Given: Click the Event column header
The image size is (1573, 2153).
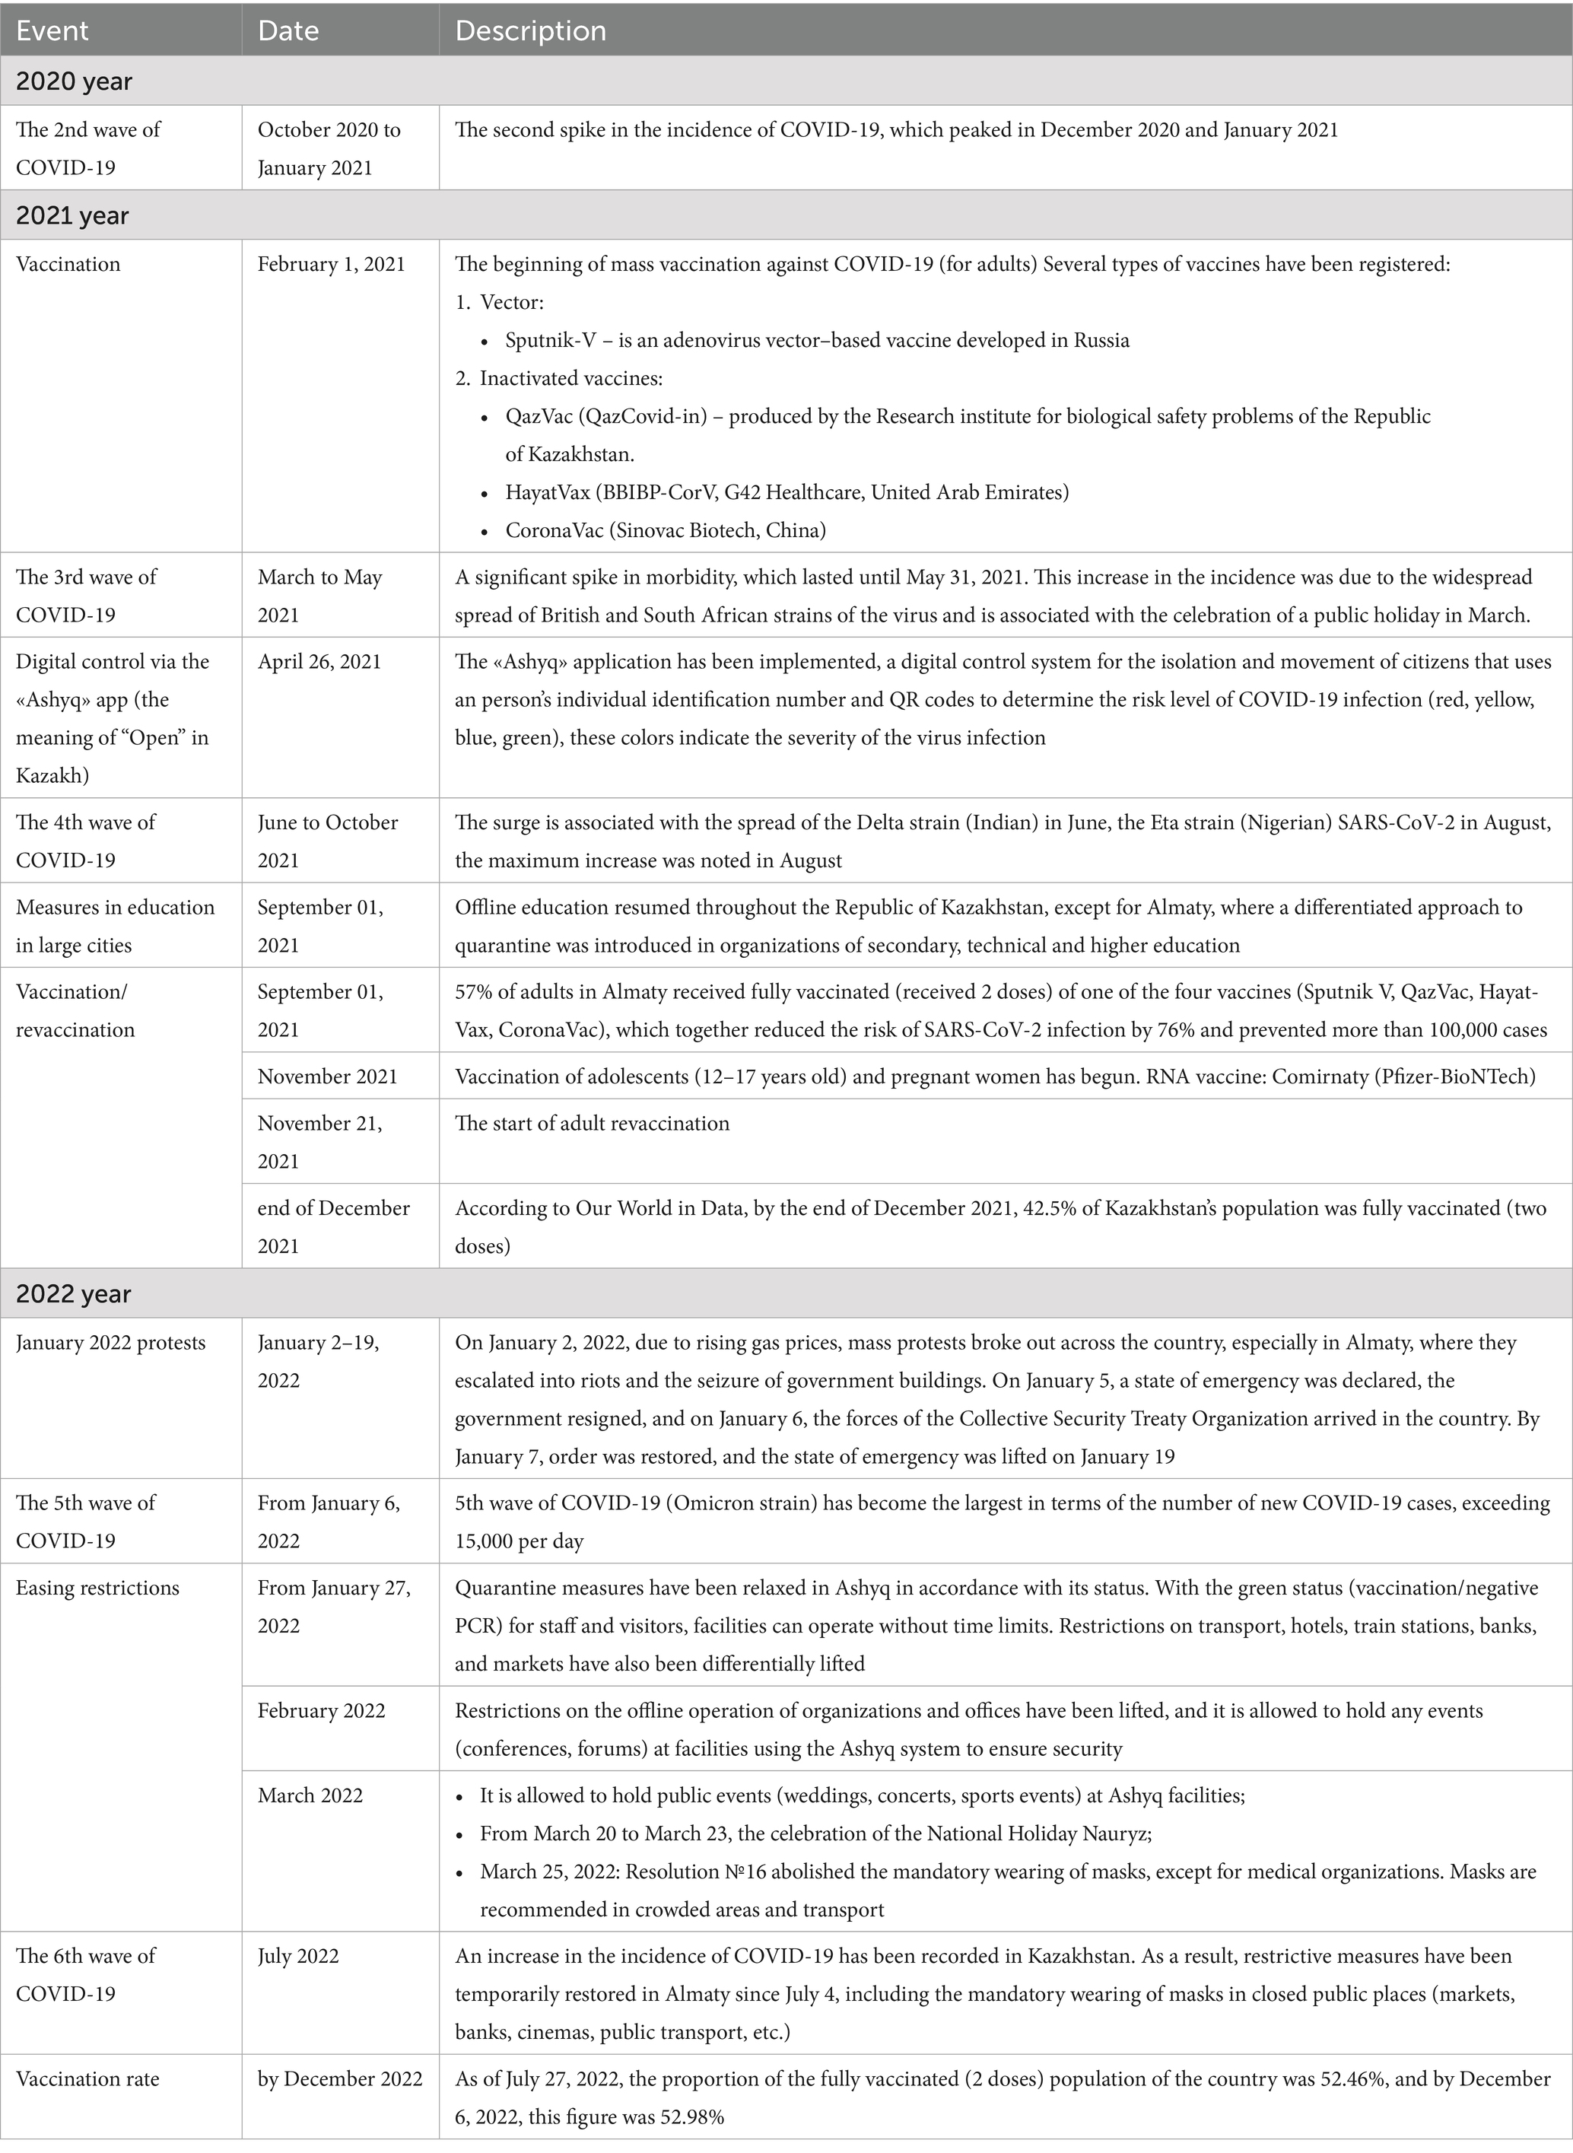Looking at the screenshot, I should [x=52, y=30].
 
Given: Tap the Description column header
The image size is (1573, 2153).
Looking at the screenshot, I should [x=530, y=30].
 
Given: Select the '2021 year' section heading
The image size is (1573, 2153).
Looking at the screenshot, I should [x=72, y=216].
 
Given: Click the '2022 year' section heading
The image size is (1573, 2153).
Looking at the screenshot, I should [x=72, y=1294].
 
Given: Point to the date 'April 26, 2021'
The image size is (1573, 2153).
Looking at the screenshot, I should [x=319, y=662].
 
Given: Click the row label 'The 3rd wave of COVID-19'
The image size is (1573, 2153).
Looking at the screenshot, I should [x=86, y=595].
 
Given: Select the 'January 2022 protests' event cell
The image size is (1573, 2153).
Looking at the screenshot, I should [x=110, y=1343].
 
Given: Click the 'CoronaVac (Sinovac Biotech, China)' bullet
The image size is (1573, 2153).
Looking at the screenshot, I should [x=666, y=530].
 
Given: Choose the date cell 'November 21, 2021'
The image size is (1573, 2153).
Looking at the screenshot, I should [x=320, y=1142].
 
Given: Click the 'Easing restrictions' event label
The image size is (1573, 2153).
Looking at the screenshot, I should [x=97, y=1588].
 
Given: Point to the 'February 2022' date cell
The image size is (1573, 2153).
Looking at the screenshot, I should [x=321, y=1710].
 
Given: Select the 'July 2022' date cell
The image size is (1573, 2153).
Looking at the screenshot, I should [x=298, y=1956].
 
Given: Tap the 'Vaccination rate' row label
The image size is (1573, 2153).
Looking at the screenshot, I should [x=87, y=2078].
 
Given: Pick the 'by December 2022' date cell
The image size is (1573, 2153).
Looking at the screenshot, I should [x=340, y=2078].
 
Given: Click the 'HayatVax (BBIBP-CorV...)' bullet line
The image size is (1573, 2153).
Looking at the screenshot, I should [x=786, y=492].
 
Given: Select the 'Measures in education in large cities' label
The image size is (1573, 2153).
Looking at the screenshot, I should [x=115, y=926].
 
